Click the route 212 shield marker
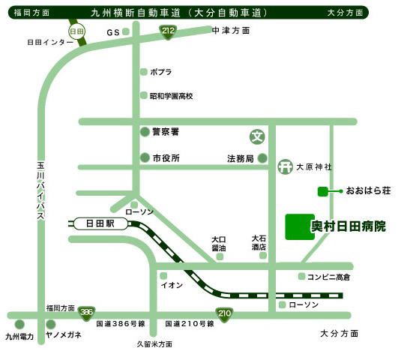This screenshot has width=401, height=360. [169, 31]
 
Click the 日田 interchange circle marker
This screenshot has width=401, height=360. [76, 31]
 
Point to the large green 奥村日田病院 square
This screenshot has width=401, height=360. [298, 226]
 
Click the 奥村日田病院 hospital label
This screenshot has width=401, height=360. [349, 226]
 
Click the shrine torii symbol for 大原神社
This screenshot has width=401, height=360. [284, 166]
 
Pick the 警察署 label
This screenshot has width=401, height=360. [166, 131]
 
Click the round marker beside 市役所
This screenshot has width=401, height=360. [145, 158]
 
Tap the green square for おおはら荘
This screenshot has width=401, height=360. [322, 191]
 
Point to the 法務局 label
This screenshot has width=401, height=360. [241, 158]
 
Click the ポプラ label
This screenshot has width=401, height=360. [161, 72]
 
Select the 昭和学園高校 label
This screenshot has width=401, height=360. [172, 96]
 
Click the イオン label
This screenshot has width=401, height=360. [172, 285]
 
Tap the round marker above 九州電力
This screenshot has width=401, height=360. [19, 325]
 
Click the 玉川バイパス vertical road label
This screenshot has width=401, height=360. [41, 190]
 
